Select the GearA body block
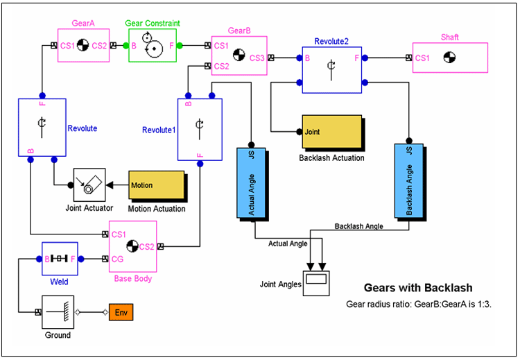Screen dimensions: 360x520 point(83,46)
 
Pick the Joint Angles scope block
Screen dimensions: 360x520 point(315,280)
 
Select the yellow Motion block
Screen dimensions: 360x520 point(155,186)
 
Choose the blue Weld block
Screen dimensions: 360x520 point(59,259)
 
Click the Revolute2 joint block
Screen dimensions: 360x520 point(332,69)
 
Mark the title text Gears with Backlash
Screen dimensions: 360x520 point(418,288)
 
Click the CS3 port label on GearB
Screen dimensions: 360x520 point(257,58)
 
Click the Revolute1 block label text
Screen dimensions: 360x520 point(158,129)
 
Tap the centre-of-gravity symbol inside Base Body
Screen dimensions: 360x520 point(133,245)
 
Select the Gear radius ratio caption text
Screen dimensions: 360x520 point(418,305)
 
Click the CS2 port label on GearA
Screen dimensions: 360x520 point(99,46)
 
